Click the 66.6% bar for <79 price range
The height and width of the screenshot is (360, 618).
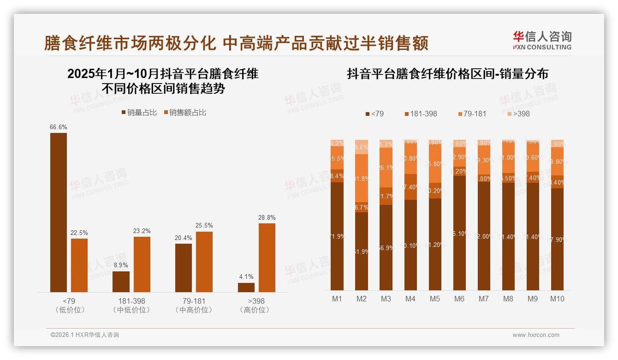pos(59,212)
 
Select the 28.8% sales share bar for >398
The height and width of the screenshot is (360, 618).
pos(267,258)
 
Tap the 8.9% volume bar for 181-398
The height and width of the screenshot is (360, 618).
pos(121,282)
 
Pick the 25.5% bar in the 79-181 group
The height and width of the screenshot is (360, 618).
pos(204,262)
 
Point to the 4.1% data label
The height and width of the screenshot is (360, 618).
pos(246,277)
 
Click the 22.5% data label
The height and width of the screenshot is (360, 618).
pos(79,233)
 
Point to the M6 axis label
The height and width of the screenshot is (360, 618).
pos(459,299)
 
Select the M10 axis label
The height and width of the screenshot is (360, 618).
pos(557,299)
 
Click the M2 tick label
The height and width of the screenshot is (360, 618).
pos(362,299)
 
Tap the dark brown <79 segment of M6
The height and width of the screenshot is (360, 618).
pos(459,233)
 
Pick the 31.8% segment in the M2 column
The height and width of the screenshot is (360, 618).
pos(362,179)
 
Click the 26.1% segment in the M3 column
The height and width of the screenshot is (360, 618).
pos(386,168)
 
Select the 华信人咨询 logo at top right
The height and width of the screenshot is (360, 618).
pos(542,40)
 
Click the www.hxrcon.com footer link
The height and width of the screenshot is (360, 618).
pos(536,335)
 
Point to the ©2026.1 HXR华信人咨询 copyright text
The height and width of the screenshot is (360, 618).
pos(84,335)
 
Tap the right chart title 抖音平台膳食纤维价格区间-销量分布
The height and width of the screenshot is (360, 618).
pos(447,74)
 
